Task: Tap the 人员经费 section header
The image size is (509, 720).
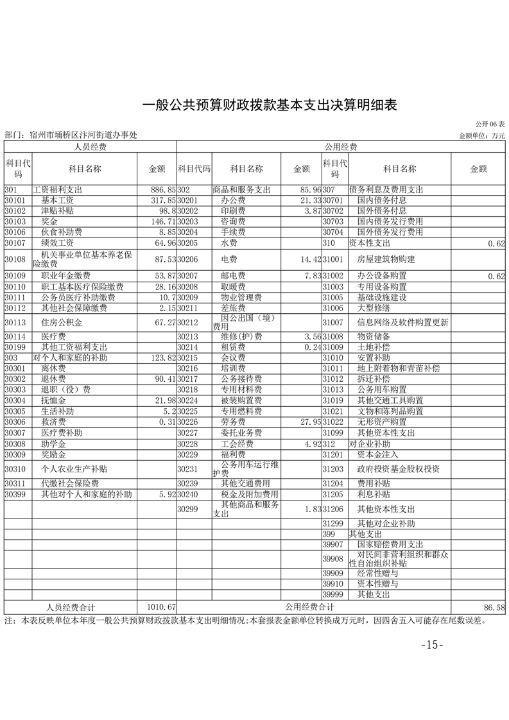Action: tap(90, 147)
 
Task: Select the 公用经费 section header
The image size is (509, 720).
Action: tap(340, 147)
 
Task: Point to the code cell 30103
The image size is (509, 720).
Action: tap(15, 221)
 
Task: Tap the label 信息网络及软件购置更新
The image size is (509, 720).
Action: tap(402, 322)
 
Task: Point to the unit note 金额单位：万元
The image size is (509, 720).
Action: tap(482, 135)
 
